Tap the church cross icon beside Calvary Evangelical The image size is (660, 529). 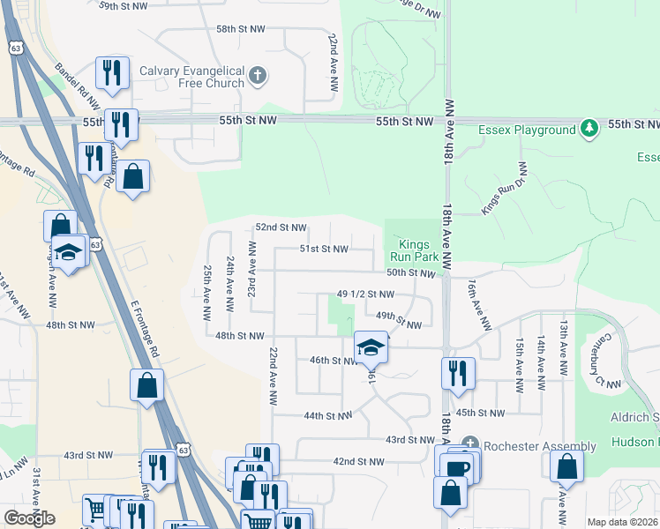(257, 76)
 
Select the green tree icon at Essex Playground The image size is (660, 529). (589, 130)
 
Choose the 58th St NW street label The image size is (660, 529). (240, 29)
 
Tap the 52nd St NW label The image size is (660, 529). (281, 227)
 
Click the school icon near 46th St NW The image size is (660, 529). (371, 346)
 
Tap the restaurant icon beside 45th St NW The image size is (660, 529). (458, 372)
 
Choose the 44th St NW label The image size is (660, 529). (327, 415)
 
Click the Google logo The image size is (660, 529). (29, 518)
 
